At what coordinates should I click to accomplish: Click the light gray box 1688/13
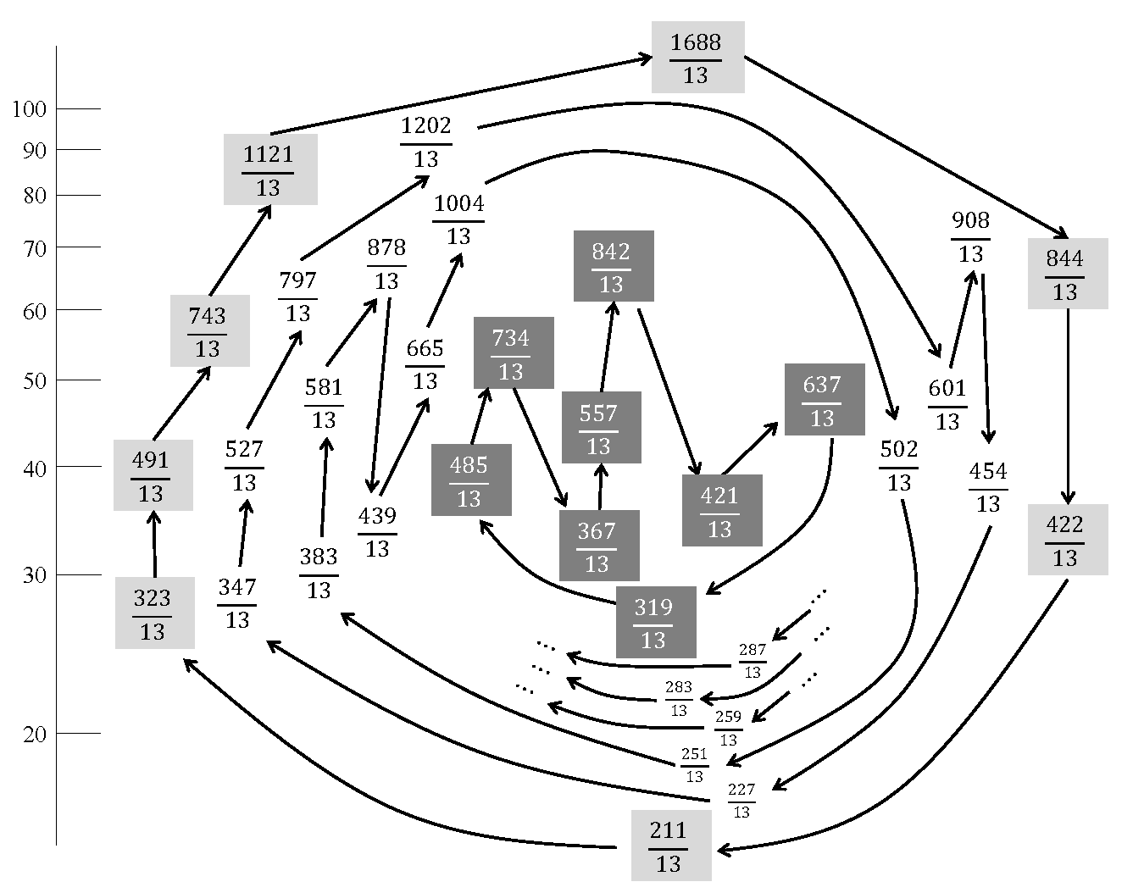click(697, 58)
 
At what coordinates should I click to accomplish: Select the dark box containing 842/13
click(613, 266)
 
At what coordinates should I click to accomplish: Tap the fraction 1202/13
click(426, 141)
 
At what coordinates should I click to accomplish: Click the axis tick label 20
click(35, 734)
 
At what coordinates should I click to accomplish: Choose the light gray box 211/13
click(669, 846)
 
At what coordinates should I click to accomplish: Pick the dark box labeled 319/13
click(654, 622)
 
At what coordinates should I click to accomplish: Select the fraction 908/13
click(970, 237)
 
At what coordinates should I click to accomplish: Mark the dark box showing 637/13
click(823, 400)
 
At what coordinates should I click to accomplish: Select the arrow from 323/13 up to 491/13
click(154, 544)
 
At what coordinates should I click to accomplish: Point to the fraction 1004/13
click(458, 219)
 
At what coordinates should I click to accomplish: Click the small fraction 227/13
click(741, 800)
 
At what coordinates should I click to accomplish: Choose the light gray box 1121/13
click(269, 169)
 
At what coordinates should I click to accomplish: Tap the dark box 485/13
click(470, 480)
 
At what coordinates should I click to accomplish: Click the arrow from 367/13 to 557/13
click(600, 486)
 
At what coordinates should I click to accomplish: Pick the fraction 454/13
click(988, 487)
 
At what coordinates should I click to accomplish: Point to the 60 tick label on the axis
click(35, 311)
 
